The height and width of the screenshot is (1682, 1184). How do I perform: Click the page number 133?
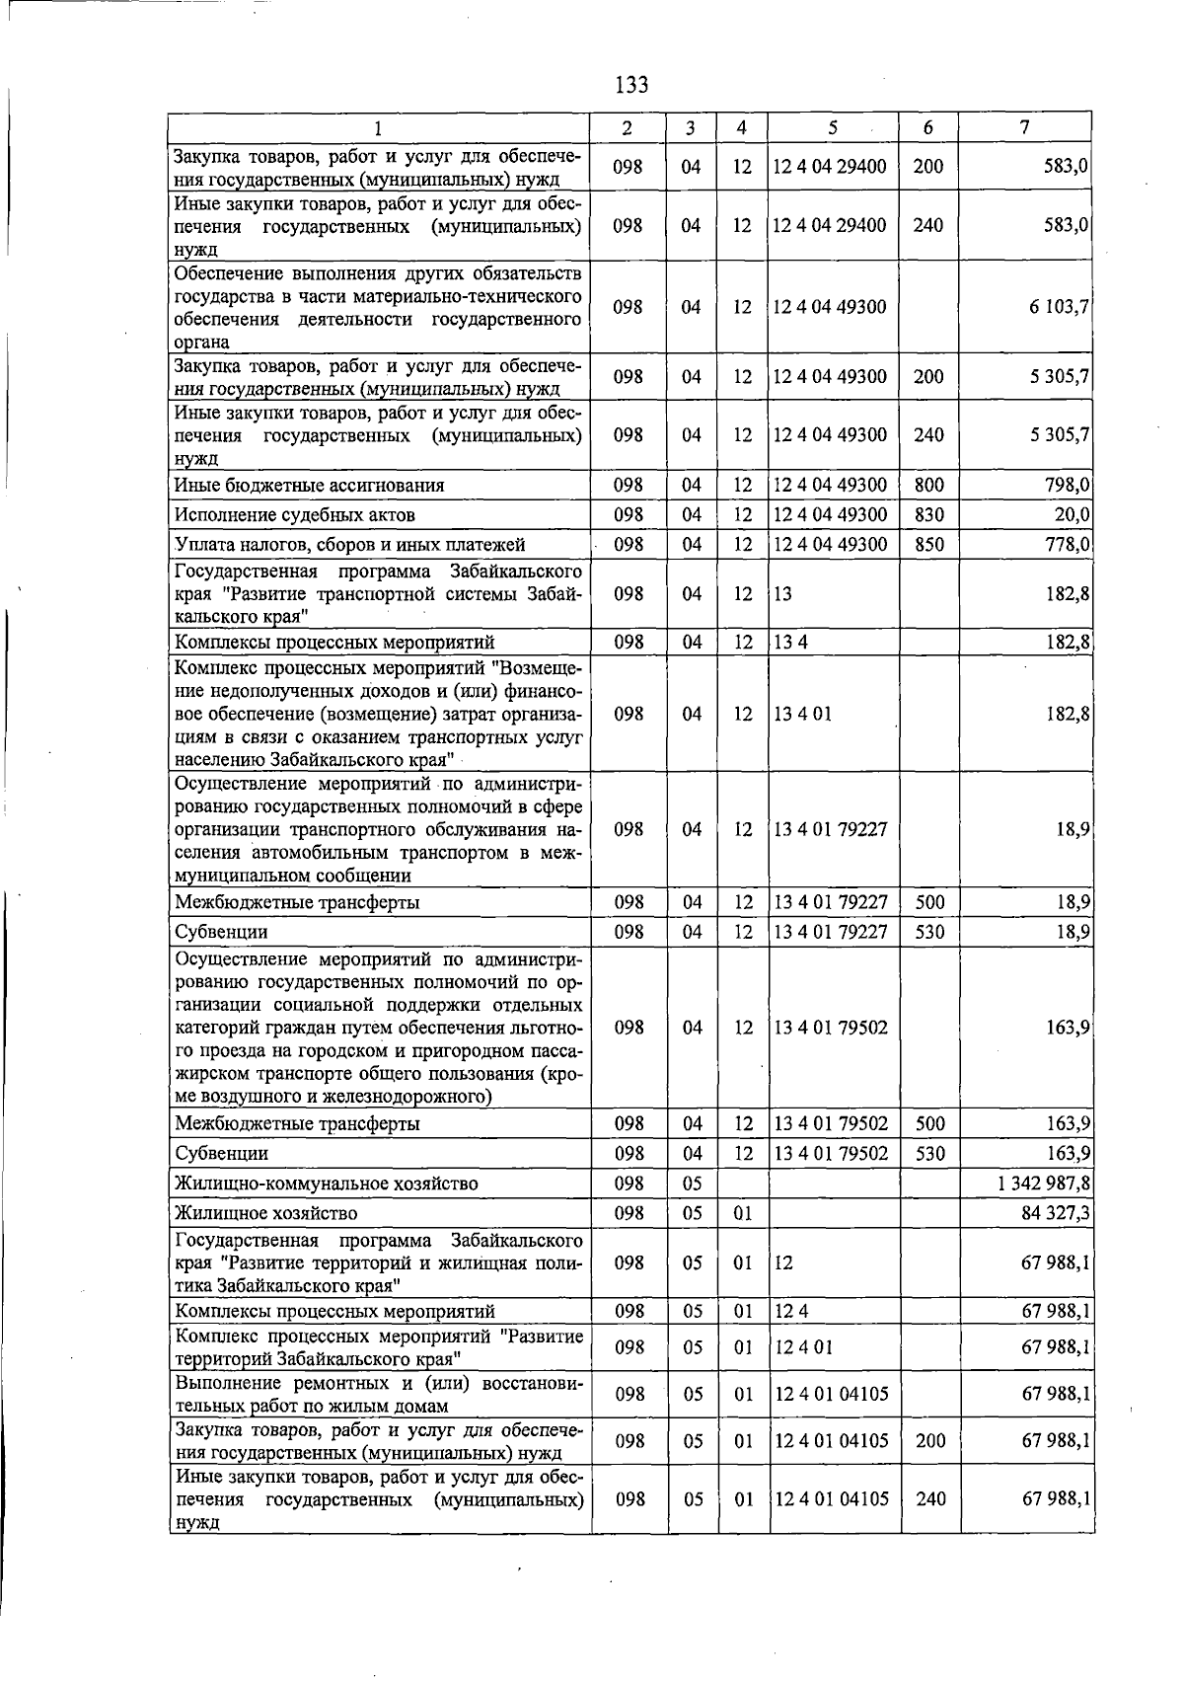631,85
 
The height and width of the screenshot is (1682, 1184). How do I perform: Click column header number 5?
834,127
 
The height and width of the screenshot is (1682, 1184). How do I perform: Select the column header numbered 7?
1025,127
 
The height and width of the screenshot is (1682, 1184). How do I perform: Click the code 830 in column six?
928,514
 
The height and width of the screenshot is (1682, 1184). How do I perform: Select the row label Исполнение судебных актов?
295,514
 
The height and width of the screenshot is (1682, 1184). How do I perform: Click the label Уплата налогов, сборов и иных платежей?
350,544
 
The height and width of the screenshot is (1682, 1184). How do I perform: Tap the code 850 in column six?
928,544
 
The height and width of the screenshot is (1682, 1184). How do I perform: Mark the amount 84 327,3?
1057,1212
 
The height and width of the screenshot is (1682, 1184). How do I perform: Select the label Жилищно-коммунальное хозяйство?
327,1183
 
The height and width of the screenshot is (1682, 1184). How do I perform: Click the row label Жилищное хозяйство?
266,1212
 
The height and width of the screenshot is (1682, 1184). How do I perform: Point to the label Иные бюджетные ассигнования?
310,485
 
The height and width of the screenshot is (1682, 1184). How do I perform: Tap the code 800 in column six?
928,485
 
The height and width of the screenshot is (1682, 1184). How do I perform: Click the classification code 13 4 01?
803,714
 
